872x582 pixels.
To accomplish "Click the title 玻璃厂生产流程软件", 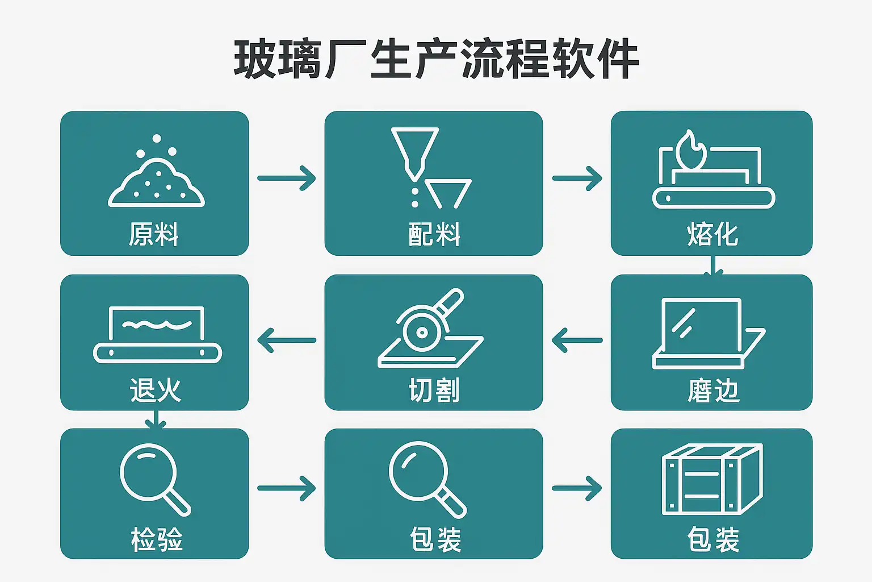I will point(436,59).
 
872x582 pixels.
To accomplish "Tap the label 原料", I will point(154,234).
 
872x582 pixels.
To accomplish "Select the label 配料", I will point(434,234).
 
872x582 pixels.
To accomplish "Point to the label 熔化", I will point(712,234).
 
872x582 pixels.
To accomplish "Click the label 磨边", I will point(713,390).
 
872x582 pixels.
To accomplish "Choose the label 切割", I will point(434,390).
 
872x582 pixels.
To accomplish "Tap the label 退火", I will point(155,390).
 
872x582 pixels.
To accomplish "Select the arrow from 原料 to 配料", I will point(287,178).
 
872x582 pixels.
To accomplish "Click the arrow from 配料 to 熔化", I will point(577,178).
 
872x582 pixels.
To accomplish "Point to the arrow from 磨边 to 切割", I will point(577,340).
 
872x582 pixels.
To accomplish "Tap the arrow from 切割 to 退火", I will point(287,340).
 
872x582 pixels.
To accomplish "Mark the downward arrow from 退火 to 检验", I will point(155,420).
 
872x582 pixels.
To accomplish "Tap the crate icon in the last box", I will point(712,479).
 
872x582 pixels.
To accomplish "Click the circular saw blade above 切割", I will point(422,332).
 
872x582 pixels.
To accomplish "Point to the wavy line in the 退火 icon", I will point(157,325).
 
